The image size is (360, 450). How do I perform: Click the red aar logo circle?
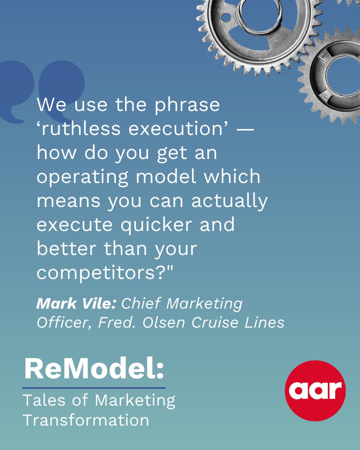coord(315,391)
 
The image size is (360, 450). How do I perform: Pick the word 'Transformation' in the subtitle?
coord(86,420)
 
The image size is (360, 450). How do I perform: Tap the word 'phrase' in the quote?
coord(187,105)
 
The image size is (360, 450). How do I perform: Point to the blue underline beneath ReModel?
coord(94,388)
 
